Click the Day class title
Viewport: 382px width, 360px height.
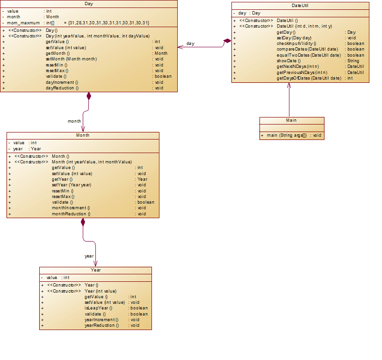click(x=89, y=4)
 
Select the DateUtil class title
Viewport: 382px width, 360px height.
click(x=300, y=6)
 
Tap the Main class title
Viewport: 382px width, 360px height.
click(x=291, y=120)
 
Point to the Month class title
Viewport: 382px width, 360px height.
click(x=83, y=135)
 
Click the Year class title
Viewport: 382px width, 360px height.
click(x=95, y=270)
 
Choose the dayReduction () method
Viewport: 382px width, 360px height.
click(x=62, y=88)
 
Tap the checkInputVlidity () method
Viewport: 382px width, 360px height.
click(x=296, y=44)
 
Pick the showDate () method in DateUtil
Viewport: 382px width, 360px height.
click(x=288, y=61)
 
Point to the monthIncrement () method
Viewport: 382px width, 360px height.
click(x=71, y=208)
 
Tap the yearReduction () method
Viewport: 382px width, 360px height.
click(x=101, y=325)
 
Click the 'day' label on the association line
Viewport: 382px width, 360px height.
click(x=190, y=44)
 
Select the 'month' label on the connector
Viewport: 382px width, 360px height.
click(x=74, y=121)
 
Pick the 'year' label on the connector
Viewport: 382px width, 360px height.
click(x=89, y=256)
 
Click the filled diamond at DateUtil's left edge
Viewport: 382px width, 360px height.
click(x=228, y=41)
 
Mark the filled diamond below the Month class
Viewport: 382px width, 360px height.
click(x=83, y=222)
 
